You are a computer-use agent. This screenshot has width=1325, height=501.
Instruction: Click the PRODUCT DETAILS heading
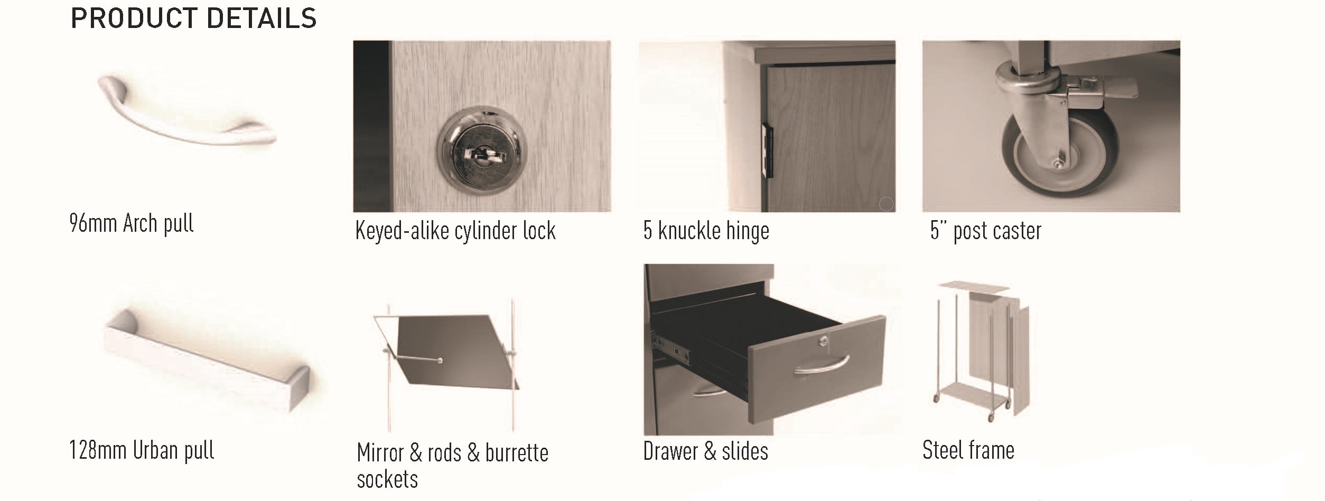[193, 18]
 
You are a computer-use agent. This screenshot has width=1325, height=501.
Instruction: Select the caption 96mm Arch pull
[132, 223]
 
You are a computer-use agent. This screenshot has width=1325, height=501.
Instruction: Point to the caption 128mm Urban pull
[142, 450]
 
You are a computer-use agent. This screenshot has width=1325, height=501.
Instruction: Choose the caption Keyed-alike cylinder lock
[455, 231]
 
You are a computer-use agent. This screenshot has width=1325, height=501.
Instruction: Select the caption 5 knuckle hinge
[706, 231]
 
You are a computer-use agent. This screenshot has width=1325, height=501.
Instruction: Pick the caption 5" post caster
[986, 231]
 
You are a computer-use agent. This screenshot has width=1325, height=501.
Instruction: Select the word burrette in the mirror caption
[517, 453]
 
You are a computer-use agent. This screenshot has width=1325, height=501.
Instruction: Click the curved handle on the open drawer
[821, 365]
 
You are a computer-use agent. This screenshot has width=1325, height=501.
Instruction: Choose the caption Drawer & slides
[705, 451]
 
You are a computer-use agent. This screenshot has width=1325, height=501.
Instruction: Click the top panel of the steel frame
[973, 287]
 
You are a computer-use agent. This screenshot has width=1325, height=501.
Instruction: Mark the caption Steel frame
[968, 450]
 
